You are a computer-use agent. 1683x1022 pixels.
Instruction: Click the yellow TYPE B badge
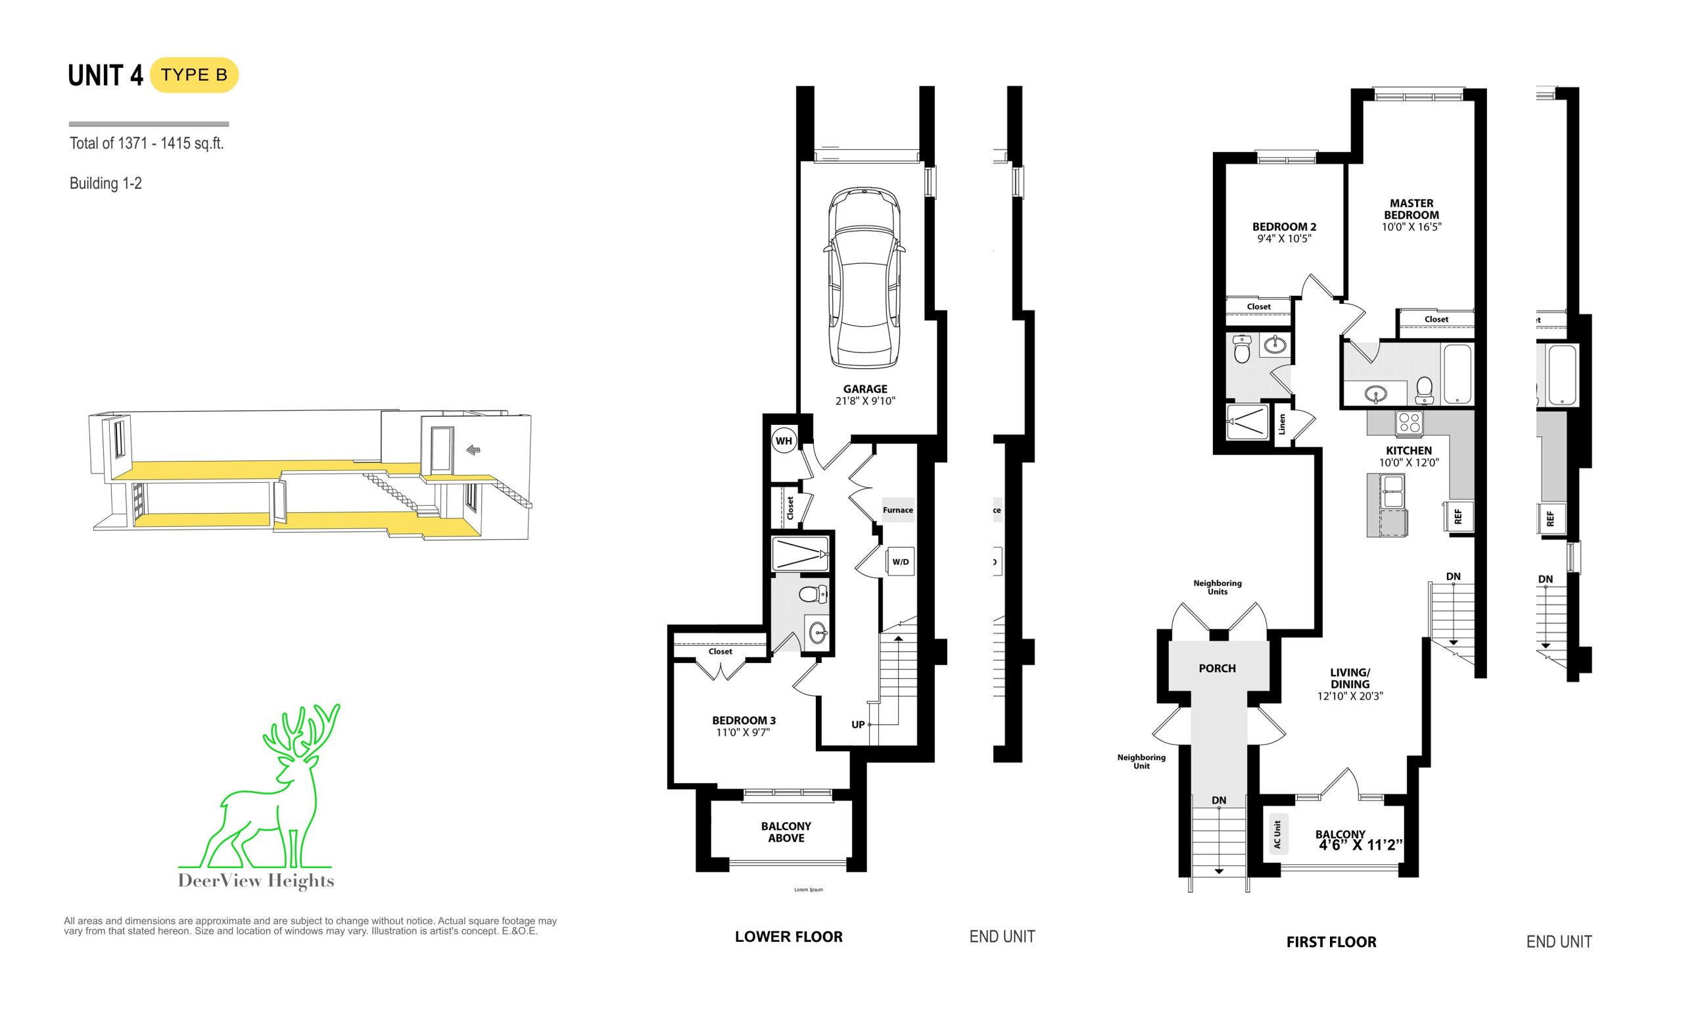pyautogui.click(x=194, y=75)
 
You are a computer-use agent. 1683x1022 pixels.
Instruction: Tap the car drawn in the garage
pyautogui.click(x=864, y=278)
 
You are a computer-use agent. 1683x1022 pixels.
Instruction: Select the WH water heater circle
pyautogui.click(x=784, y=441)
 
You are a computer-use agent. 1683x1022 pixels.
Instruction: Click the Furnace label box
pyautogui.click(x=897, y=510)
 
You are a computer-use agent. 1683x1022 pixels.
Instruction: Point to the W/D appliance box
pyautogui.click(x=900, y=562)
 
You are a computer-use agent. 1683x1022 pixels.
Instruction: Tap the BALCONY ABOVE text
pyautogui.click(x=786, y=832)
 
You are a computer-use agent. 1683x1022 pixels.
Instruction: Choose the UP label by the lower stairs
pyautogui.click(x=858, y=724)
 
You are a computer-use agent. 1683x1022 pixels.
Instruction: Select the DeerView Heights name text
pyautogui.click(x=256, y=881)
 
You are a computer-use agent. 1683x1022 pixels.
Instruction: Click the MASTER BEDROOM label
pyautogui.click(x=1411, y=209)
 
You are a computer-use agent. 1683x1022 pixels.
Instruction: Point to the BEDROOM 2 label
pyautogui.click(x=1284, y=227)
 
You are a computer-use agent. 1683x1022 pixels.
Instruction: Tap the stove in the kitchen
pyautogui.click(x=1409, y=423)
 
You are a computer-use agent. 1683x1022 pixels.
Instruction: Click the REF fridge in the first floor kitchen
pyautogui.click(x=1458, y=516)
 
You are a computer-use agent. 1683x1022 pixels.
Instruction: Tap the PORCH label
pyautogui.click(x=1217, y=668)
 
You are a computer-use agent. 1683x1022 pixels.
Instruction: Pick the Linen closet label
pyautogui.click(x=1282, y=424)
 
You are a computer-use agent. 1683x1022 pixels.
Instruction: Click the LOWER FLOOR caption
pyautogui.click(x=789, y=937)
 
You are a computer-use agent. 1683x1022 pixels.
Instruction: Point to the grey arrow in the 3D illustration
pyautogui.click(x=473, y=450)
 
